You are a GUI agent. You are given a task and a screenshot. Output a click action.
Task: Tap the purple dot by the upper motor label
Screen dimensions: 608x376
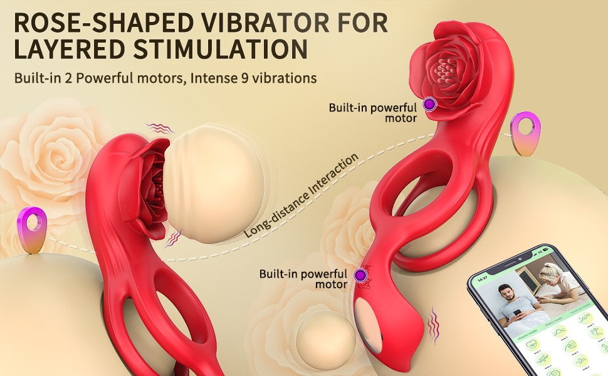[429, 105]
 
